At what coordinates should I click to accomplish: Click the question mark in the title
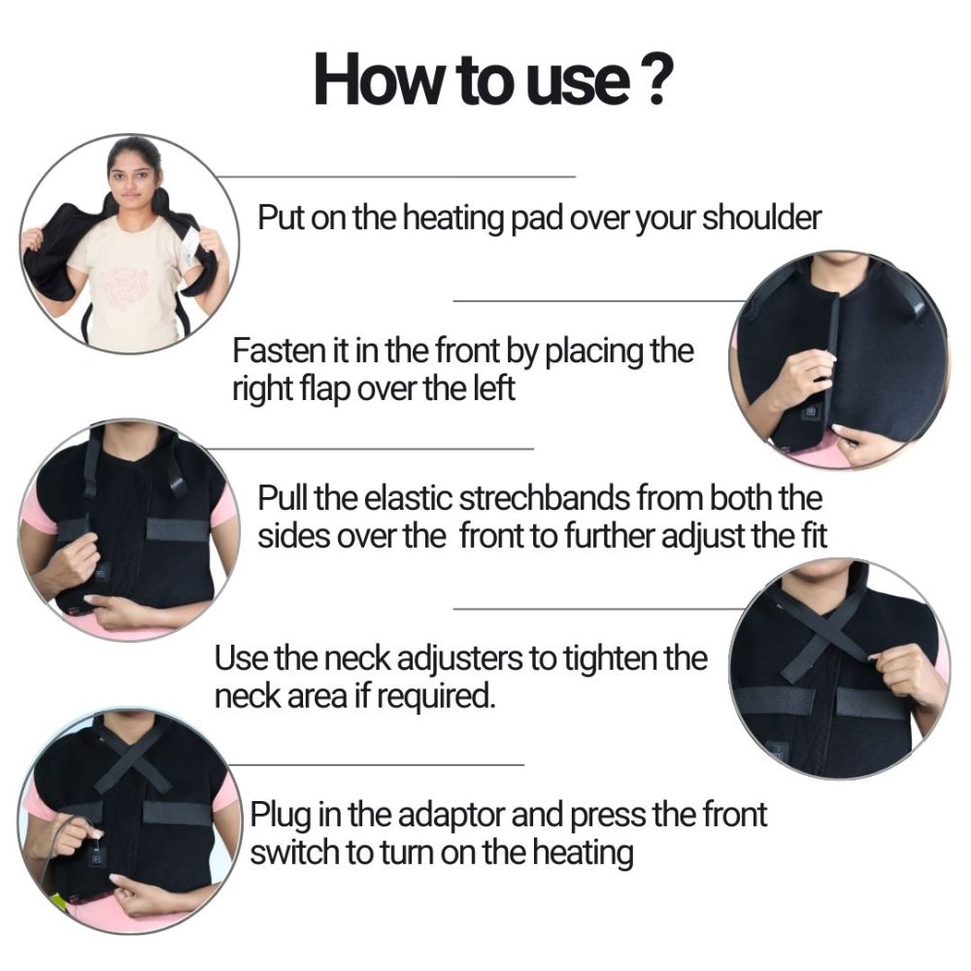[653, 81]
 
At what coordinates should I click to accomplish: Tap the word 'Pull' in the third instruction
[282, 499]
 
